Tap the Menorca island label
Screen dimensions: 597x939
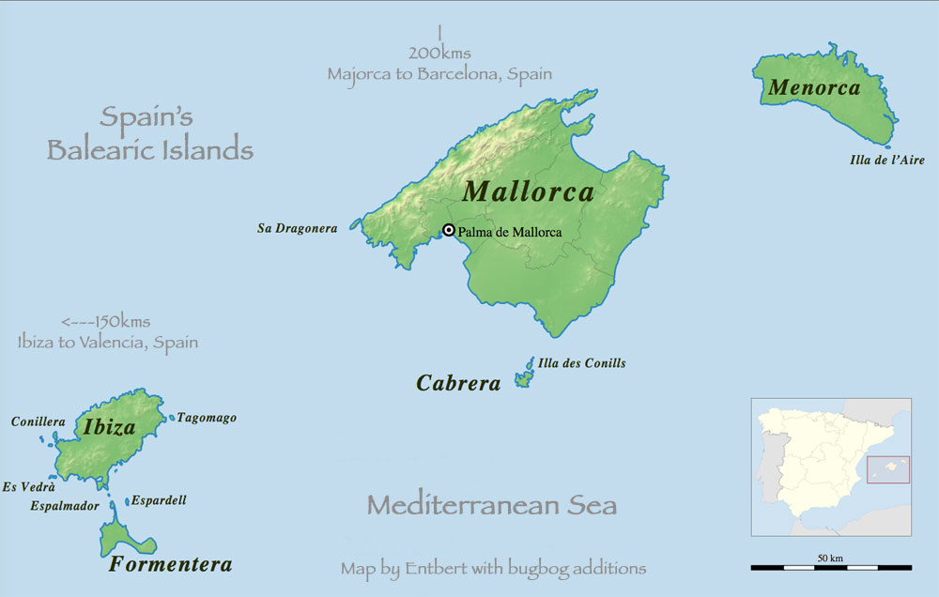(x=814, y=88)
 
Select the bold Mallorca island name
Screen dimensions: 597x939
(x=529, y=191)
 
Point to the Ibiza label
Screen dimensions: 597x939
(x=109, y=428)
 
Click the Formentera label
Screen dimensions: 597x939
(x=170, y=564)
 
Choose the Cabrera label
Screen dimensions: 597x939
(x=458, y=383)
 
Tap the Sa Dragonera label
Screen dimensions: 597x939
(x=297, y=228)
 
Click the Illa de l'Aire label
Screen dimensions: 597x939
(x=886, y=161)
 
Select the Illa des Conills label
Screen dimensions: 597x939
(x=581, y=363)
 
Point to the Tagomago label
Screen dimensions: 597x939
(x=207, y=418)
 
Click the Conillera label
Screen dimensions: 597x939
(x=38, y=421)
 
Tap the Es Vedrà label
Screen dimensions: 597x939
(x=28, y=486)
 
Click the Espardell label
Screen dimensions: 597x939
(x=159, y=500)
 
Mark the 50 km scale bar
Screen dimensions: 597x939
(x=831, y=567)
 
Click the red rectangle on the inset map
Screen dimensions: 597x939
(x=888, y=469)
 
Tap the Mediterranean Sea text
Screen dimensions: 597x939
(x=491, y=506)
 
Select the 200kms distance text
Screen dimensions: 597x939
(x=439, y=54)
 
